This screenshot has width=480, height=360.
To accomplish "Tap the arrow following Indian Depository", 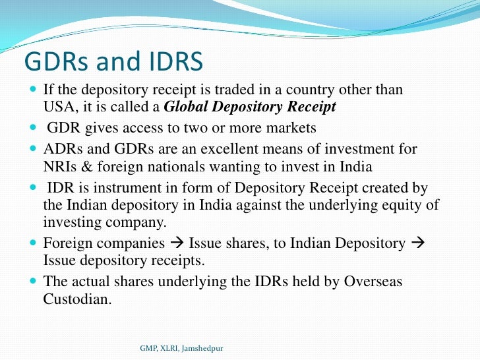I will click(417, 243).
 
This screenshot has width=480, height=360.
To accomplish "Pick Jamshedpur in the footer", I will click(202, 347).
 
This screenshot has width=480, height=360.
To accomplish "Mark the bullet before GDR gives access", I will click(34, 127).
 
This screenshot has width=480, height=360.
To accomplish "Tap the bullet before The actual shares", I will click(34, 282).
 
